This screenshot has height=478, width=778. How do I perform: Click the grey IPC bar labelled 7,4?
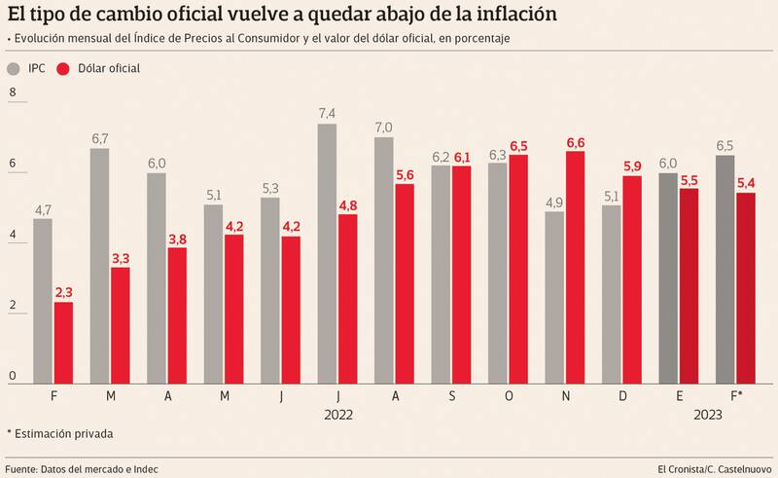tap(328, 253)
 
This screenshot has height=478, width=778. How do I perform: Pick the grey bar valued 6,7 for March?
tap(100, 265)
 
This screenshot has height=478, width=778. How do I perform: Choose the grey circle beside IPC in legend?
tap(14, 69)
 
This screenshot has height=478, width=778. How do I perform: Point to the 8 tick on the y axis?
tap(13, 93)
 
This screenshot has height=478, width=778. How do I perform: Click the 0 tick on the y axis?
tap(13, 376)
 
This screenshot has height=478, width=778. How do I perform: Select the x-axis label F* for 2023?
tap(736, 396)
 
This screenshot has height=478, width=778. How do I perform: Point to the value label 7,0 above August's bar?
tap(384, 128)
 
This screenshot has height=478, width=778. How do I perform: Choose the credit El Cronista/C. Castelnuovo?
tap(714, 469)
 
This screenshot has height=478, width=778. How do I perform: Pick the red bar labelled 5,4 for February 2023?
tap(746, 287)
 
